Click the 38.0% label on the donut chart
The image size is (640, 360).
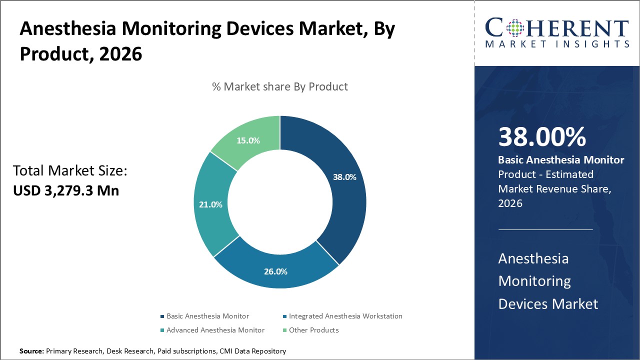coord(344,177)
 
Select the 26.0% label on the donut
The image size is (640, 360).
coord(275,272)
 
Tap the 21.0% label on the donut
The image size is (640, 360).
coord(210,204)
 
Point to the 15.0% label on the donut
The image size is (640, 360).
coord(248,141)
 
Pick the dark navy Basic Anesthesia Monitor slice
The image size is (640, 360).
coord(335,200)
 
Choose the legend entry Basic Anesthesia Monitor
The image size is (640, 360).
coord(207,316)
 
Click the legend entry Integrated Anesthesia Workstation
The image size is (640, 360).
coord(345,316)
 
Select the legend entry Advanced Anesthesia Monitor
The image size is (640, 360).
coord(215,330)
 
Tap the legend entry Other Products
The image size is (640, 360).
coord(313,330)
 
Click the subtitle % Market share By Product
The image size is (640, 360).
coord(280,86)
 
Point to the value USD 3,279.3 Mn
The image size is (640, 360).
coord(66,190)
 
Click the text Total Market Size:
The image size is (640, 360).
coord(70,171)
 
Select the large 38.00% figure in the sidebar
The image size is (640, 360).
coord(542,137)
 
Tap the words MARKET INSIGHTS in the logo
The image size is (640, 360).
coord(556,44)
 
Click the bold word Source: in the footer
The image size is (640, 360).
coord(31,351)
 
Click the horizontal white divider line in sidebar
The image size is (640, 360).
coord(545,230)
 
